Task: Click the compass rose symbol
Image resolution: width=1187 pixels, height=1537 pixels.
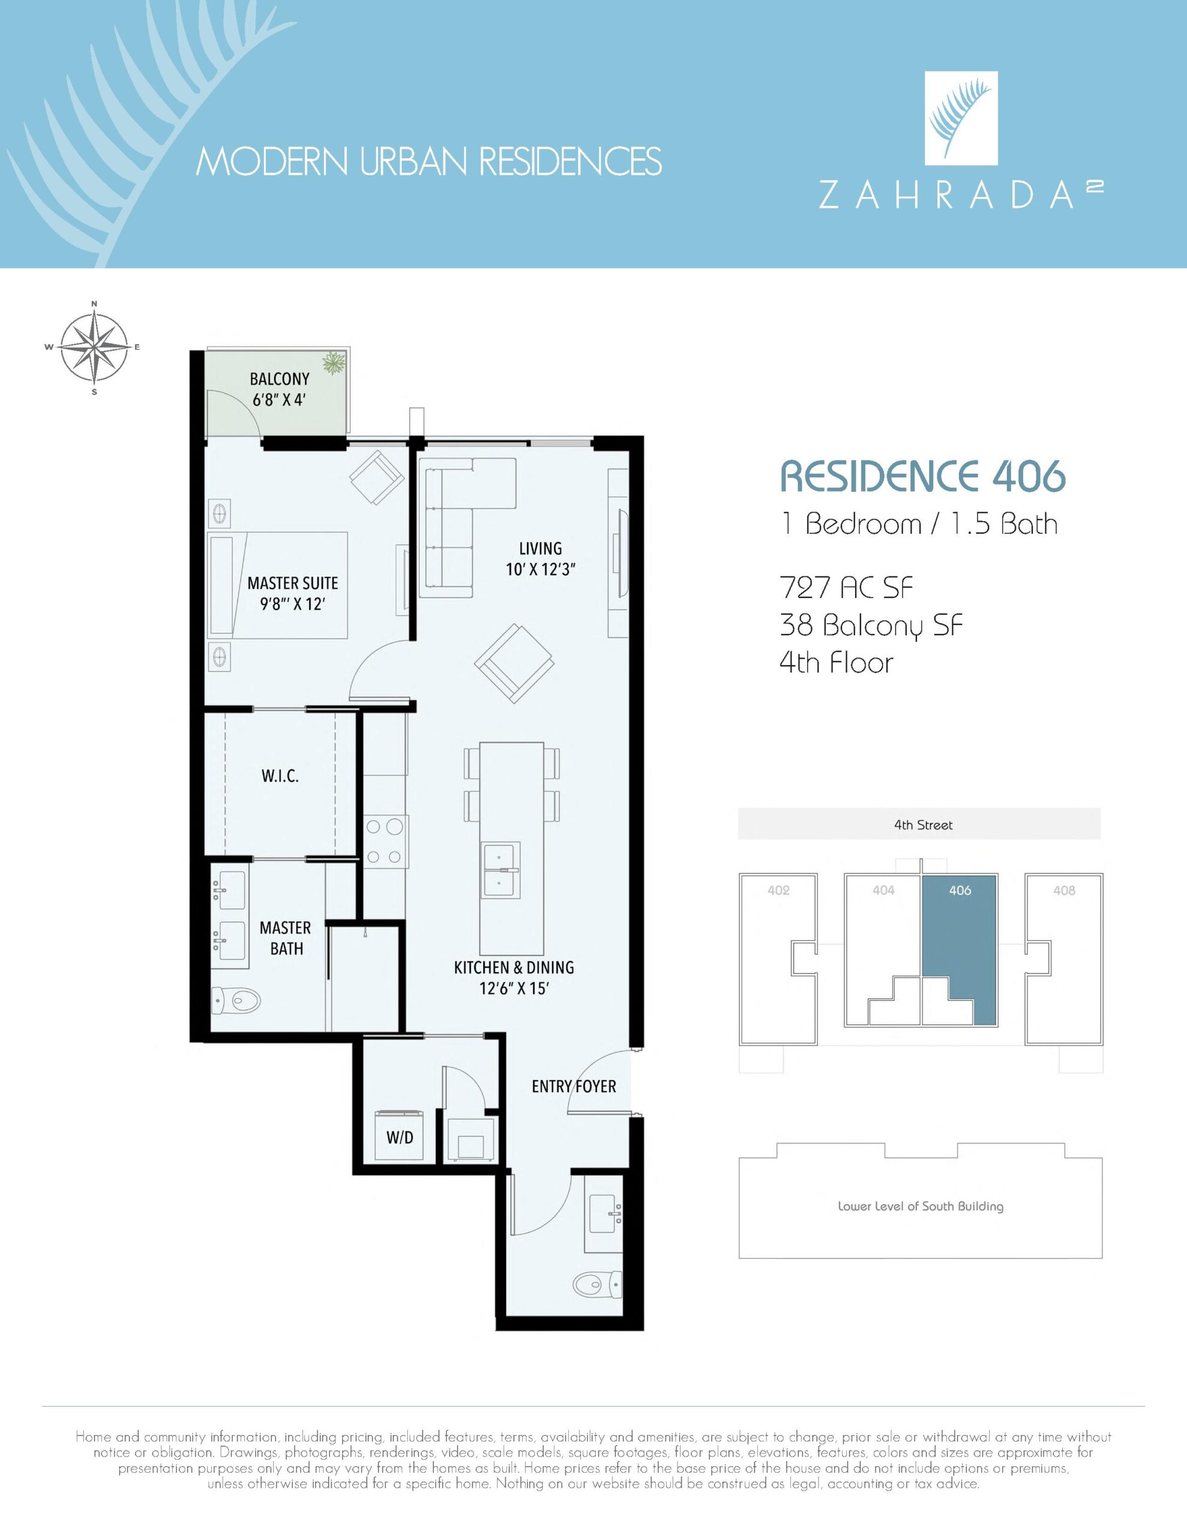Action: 94,347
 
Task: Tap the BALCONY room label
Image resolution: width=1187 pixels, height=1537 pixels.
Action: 279,379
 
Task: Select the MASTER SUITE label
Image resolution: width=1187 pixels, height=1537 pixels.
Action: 293,583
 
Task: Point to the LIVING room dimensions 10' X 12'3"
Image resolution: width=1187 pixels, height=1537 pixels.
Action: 540,570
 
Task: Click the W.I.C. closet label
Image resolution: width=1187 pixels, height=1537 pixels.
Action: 280,776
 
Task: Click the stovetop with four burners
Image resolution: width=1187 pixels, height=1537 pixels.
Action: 385,841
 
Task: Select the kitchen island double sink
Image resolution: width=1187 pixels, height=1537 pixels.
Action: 501,870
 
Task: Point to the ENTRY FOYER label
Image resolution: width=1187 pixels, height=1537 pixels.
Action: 574,1087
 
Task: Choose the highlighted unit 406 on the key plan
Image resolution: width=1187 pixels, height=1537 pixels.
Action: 960,943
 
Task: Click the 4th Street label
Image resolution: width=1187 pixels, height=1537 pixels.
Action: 923,825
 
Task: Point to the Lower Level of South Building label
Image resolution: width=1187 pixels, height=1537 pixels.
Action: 921,1206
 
